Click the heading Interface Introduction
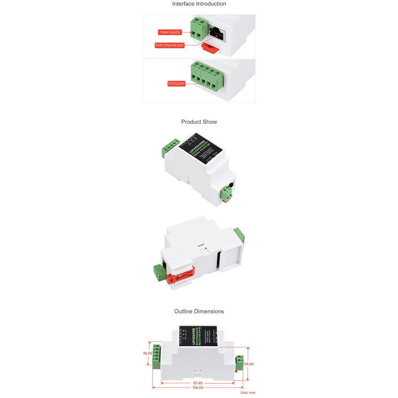coord(199,4)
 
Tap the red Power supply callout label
coord(170,32)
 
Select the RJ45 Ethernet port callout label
coord(170,45)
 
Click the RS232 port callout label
coord(177,84)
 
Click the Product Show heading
coord(199,122)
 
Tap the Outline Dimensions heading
coord(199,311)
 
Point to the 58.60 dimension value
coord(249,364)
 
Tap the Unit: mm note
coord(248,393)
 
